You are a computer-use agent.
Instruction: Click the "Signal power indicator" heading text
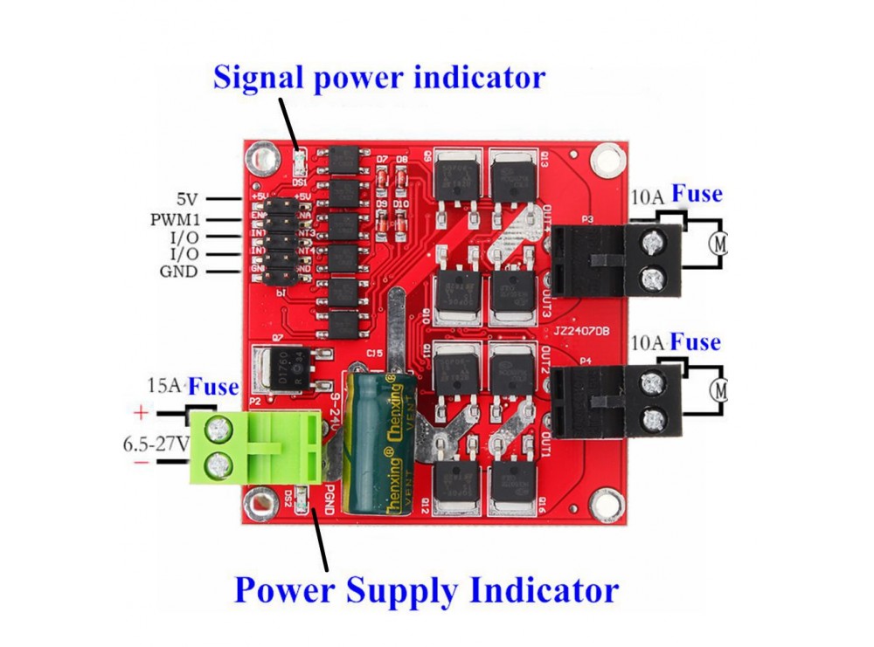click(x=379, y=77)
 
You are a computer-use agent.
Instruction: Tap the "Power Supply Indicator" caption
click(x=427, y=590)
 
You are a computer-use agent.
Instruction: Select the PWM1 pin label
click(x=175, y=219)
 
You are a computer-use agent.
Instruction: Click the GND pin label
click(x=178, y=272)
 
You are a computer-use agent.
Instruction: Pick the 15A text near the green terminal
click(x=165, y=386)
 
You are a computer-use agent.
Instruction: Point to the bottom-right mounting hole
click(x=601, y=502)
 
